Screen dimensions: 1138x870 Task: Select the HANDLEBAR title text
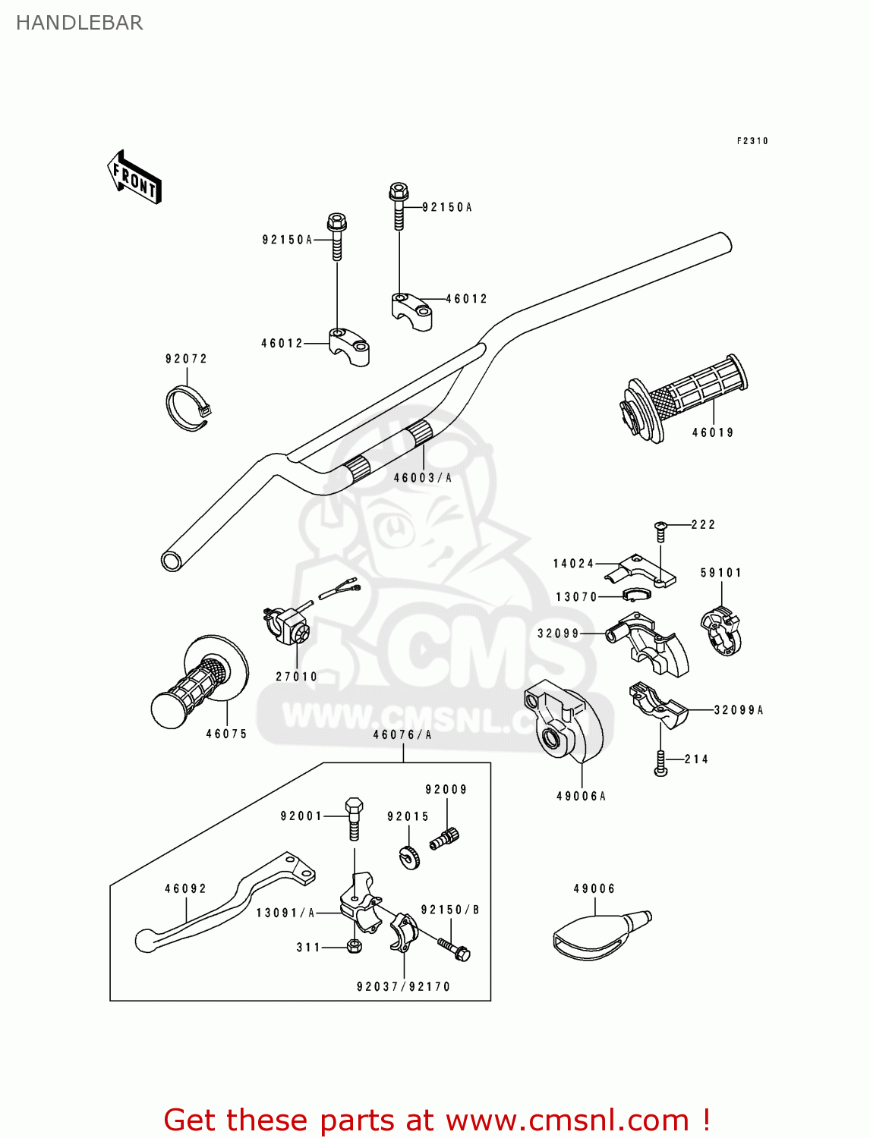click(79, 23)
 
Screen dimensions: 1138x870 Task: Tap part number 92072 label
click(186, 359)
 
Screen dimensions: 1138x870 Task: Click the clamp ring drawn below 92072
click(188, 408)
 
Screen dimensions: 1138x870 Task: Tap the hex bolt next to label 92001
click(353, 817)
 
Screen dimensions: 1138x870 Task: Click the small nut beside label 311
click(353, 946)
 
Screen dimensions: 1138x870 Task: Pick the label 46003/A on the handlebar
click(423, 478)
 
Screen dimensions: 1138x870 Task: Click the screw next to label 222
click(660, 530)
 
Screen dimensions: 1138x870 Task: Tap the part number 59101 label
click(720, 573)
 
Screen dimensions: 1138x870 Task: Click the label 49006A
click(582, 796)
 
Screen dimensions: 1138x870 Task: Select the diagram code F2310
click(752, 141)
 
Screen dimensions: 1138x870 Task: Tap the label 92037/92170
click(403, 987)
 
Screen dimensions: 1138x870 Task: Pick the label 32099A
click(739, 710)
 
